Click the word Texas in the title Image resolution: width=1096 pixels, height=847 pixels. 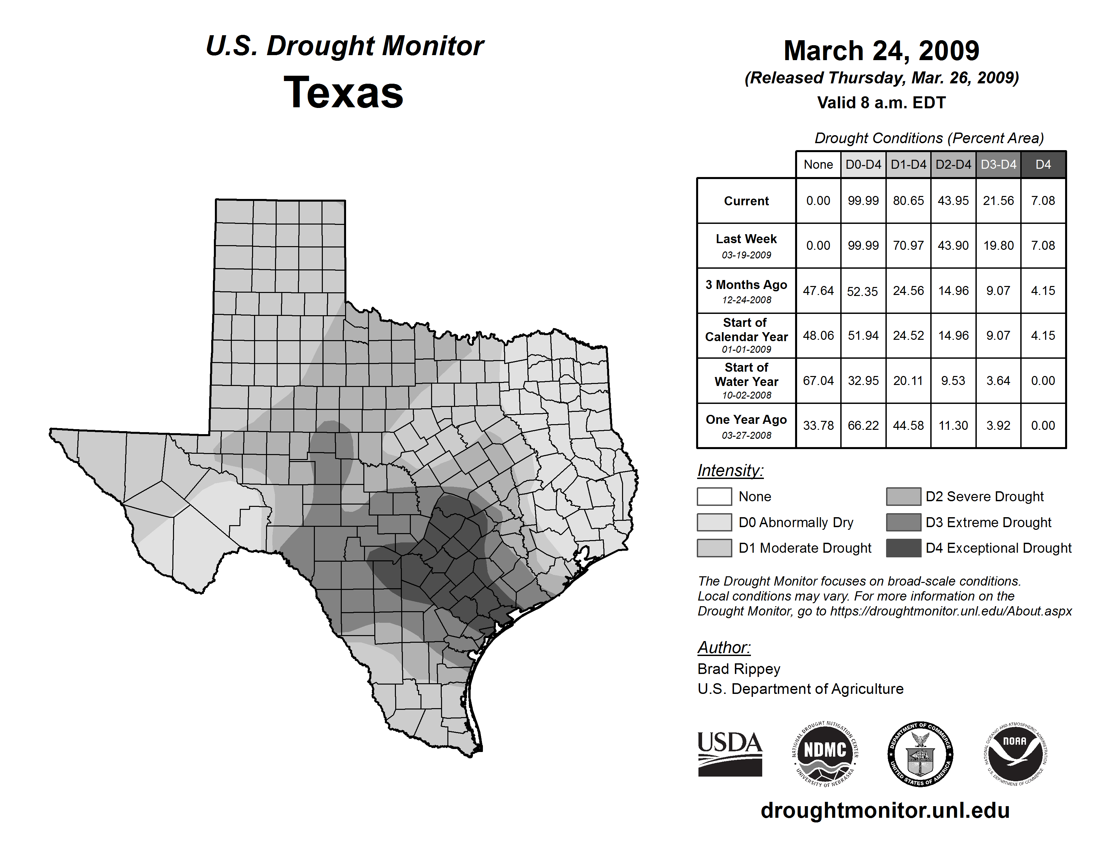[x=343, y=93]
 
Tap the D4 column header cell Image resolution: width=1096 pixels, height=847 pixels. [x=1043, y=164]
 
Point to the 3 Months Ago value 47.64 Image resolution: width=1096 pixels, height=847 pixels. [x=818, y=291]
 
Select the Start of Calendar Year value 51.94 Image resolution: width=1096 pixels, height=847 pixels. [x=863, y=335]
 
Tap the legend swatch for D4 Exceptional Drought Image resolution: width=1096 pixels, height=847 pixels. [x=903, y=548]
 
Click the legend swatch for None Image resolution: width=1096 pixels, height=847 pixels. [x=714, y=496]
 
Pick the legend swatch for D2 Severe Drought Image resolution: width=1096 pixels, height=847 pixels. [x=903, y=496]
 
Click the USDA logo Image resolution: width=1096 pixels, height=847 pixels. [x=730, y=754]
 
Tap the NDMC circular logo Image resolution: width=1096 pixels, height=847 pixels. [x=825, y=754]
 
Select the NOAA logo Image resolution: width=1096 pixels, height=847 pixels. [x=1015, y=754]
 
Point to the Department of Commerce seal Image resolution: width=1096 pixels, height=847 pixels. [x=920, y=754]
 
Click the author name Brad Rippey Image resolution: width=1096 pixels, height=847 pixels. [x=739, y=669]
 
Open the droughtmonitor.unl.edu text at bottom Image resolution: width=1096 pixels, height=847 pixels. [x=885, y=810]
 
